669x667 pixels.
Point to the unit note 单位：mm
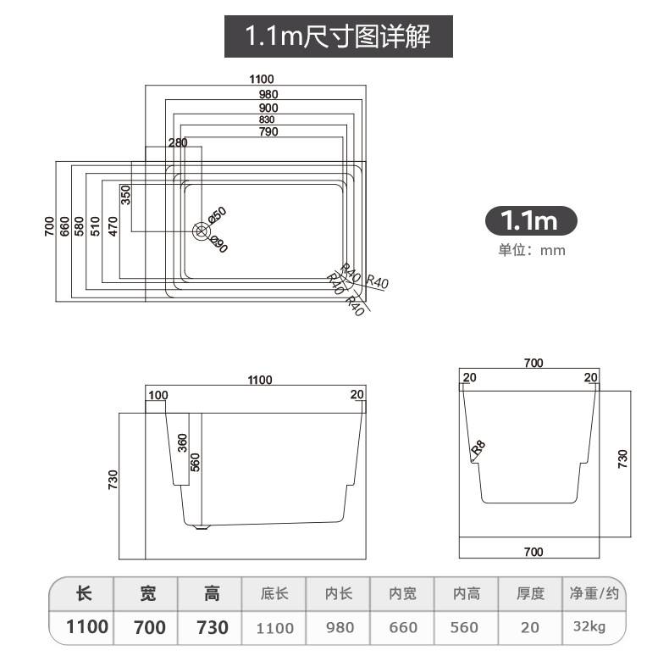pos(531,250)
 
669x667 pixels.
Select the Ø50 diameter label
pos(217,214)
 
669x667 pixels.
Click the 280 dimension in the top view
pos(178,142)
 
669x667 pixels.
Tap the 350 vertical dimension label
pos(125,195)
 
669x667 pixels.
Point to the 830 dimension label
pos(268,120)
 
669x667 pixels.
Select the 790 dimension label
pos(268,131)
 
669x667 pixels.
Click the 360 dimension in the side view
pos(182,443)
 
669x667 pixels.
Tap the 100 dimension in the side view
pos(158,395)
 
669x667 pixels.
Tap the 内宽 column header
pos(402,594)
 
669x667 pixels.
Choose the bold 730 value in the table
pos(212,627)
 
